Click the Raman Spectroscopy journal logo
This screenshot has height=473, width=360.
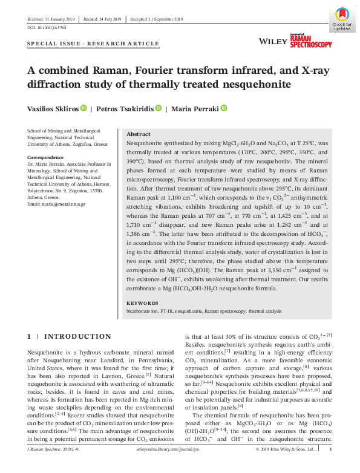pyautogui.click(x=312, y=41)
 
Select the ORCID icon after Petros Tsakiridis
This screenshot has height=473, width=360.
pyautogui.click(x=159, y=109)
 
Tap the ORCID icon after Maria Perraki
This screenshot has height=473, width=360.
pyautogui.click(x=223, y=109)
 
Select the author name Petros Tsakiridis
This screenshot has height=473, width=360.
pyautogui.click(x=125, y=109)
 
